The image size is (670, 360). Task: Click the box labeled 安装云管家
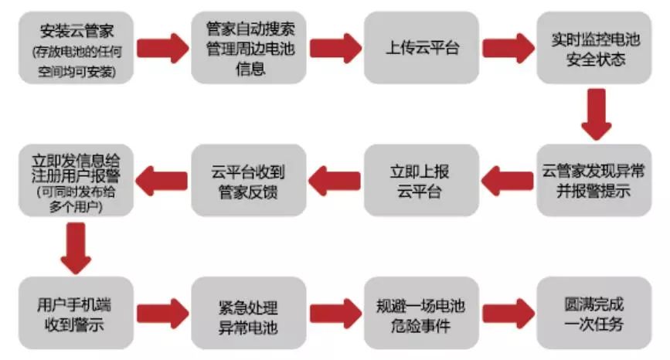click(74, 49)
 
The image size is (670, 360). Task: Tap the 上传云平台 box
click(422, 49)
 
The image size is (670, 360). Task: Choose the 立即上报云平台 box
click(422, 180)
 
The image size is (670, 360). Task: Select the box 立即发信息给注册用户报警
click(74, 180)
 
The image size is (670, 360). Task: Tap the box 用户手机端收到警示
click(74, 314)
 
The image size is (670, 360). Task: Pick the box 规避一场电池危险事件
click(422, 314)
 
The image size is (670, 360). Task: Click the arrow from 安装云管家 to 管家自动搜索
click(162, 49)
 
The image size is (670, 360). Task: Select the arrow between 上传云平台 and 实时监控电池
click(509, 49)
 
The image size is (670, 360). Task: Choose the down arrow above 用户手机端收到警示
click(75, 247)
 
